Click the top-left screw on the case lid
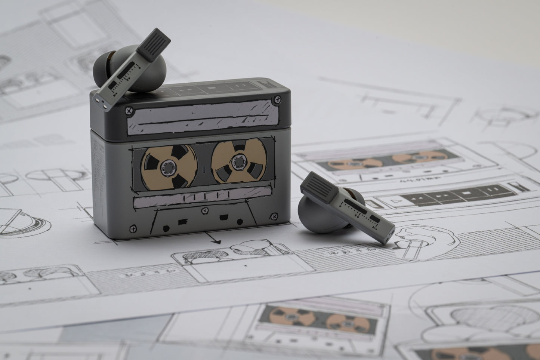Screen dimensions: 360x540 tap(129, 110)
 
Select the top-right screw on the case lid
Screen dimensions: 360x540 tap(278, 99)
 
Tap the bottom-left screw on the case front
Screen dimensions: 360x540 tap(132, 227)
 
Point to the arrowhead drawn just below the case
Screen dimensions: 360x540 tap(215, 242)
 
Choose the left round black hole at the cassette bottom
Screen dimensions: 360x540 tap(166, 227)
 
